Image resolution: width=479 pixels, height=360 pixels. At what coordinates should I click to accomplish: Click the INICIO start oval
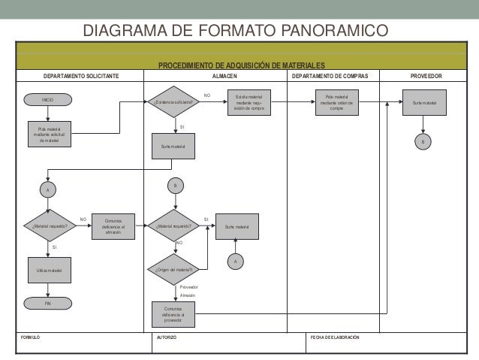(x=48, y=99)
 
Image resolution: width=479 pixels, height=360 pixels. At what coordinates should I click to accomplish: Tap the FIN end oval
(x=48, y=304)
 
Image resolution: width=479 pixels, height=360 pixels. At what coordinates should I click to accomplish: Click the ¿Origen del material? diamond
(x=173, y=269)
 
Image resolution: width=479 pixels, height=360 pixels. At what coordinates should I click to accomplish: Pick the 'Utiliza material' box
(x=48, y=270)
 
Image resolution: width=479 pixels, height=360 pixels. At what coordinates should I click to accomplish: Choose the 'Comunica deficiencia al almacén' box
(x=113, y=226)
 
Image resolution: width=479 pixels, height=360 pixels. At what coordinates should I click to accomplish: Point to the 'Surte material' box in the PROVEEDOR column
(x=424, y=102)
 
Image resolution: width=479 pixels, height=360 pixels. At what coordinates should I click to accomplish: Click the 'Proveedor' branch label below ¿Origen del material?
(x=188, y=287)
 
